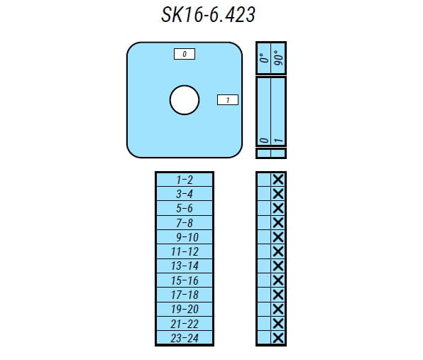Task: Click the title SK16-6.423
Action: [x=208, y=15]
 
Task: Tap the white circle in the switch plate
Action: [x=185, y=100]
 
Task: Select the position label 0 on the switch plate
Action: [x=185, y=54]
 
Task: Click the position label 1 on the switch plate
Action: [x=228, y=100]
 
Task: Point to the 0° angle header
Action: [x=264, y=58]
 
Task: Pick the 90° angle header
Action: [x=278, y=58]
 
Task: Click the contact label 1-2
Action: [x=185, y=180]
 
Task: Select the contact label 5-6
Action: [x=185, y=208]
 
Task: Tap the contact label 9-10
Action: [x=187, y=237]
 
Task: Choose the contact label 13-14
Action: [x=185, y=266]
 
